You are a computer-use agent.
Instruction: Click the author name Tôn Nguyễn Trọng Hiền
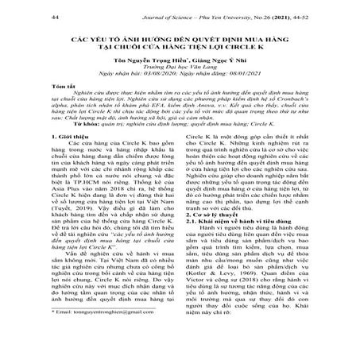pyautogui.click(x=146, y=65)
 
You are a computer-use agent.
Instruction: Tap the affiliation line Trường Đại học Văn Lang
pyautogui.click(x=179, y=73)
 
